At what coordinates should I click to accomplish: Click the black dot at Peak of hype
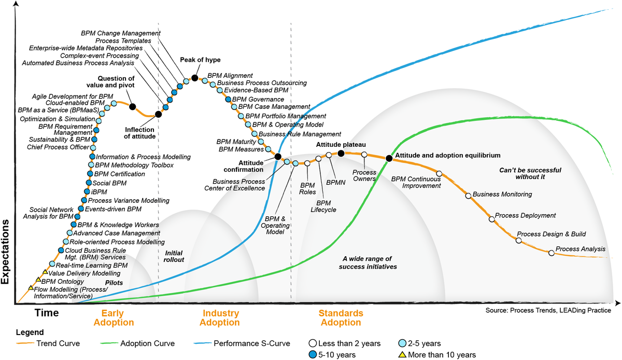195,78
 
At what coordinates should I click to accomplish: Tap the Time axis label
47,312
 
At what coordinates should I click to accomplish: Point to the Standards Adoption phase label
340,318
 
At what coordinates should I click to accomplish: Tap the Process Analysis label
581,250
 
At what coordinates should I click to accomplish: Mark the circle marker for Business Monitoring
469,196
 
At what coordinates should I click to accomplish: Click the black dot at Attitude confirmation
278,156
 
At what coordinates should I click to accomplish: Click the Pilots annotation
114,283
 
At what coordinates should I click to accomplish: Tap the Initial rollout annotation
174,256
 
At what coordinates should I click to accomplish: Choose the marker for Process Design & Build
518,240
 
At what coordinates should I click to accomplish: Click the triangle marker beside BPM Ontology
38,279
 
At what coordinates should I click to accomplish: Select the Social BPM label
109,183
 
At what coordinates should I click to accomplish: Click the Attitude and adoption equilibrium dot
389,158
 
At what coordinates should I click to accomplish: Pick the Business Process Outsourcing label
262,83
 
